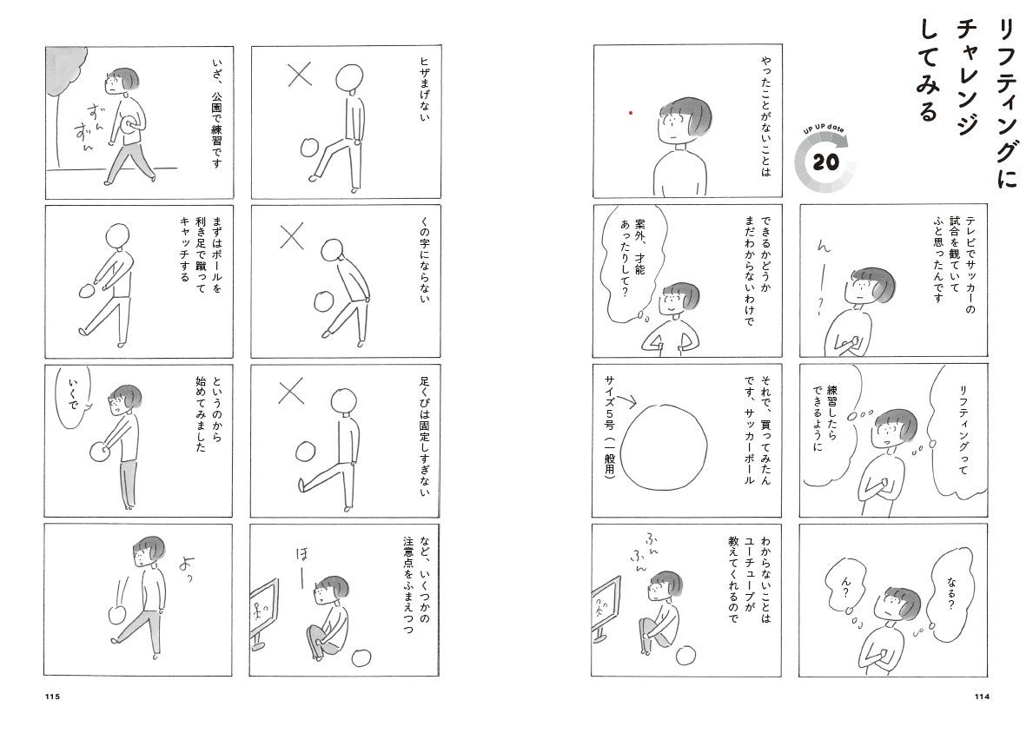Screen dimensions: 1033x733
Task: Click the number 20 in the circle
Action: pos(824,162)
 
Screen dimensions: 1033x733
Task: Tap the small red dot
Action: pos(631,113)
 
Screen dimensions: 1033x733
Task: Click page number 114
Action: pos(982,697)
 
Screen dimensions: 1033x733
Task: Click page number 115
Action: pos(53,697)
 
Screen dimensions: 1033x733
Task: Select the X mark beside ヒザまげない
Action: pos(300,75)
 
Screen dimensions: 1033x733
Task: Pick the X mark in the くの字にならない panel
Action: pos(292,236)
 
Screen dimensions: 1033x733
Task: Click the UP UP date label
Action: pos(824,129)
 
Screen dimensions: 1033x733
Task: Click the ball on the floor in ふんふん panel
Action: pos(685,654)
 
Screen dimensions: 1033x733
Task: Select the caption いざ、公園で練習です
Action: pos(216,112)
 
